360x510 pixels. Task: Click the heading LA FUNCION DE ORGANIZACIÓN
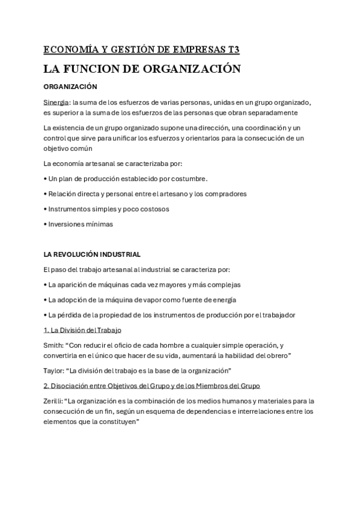[x=142, y=69]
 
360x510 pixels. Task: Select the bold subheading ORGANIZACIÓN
[x=71, y=87]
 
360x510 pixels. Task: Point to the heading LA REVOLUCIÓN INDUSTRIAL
[x=92, y=254]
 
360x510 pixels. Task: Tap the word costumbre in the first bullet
[x=188, y=179]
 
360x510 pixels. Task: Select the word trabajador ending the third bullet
[x=276, y=315]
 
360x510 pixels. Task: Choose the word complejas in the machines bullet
[x=225, y=284]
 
